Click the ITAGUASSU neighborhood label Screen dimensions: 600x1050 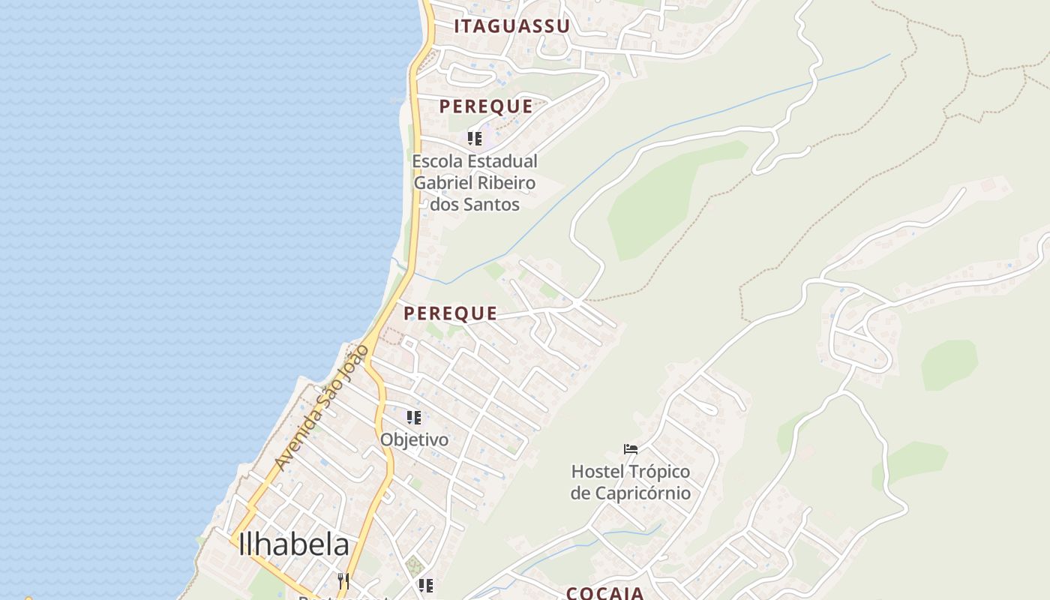[x=511, y=26]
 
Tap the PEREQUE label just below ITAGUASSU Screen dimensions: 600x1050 [x=486, y=106]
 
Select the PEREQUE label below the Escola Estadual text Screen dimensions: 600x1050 [x=450, y=313]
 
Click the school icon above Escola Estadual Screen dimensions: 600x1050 [x=475, y=139]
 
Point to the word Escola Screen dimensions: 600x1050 [x=437, y=161]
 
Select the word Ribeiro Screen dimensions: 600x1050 [x=510, y=182]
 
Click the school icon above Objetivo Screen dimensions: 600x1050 [x=414, y=417]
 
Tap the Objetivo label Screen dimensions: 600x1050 [x=415, y=439]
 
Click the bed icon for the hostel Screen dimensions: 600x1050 [x=631, y=449]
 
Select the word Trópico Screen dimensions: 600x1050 [x=659, y=472]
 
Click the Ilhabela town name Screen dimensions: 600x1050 [x=294, y=545]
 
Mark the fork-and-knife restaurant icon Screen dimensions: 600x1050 [x=343, y=581]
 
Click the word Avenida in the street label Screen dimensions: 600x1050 [x=295, y=445]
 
